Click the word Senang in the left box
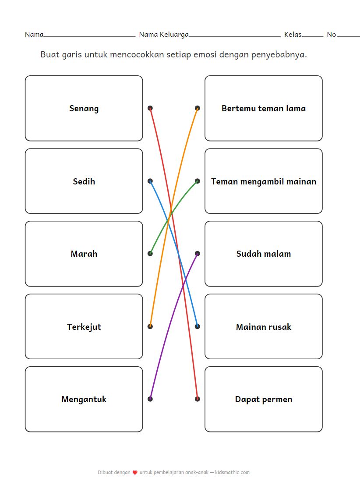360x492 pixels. [x=84, y=109]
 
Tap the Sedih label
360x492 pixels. [x=84, y=181]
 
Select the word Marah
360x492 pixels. [x=84, y=254]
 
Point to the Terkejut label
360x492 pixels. [x=84, y=327]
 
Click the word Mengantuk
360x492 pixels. [x=84, y=400]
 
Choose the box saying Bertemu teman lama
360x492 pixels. [x=263, y=109]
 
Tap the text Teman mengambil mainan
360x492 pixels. [x=263, y=181]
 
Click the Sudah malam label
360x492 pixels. [x=263, y=254]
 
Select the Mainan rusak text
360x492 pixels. [x=263, y=327]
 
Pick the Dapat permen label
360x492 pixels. [x=263, y=400]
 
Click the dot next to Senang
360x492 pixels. [x=150, y=108]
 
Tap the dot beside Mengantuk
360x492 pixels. [x=150, y=399]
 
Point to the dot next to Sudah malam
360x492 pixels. [x=198, y=254]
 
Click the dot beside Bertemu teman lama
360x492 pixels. [x=198, y=108]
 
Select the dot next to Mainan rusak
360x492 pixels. [x=198, y=326]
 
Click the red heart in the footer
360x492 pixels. [x=135, y=473]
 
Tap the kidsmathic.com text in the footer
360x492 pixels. [x=232, y=472]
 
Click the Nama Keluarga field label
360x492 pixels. [x=164, y=35]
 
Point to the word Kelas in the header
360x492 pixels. [x=293, y=35]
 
